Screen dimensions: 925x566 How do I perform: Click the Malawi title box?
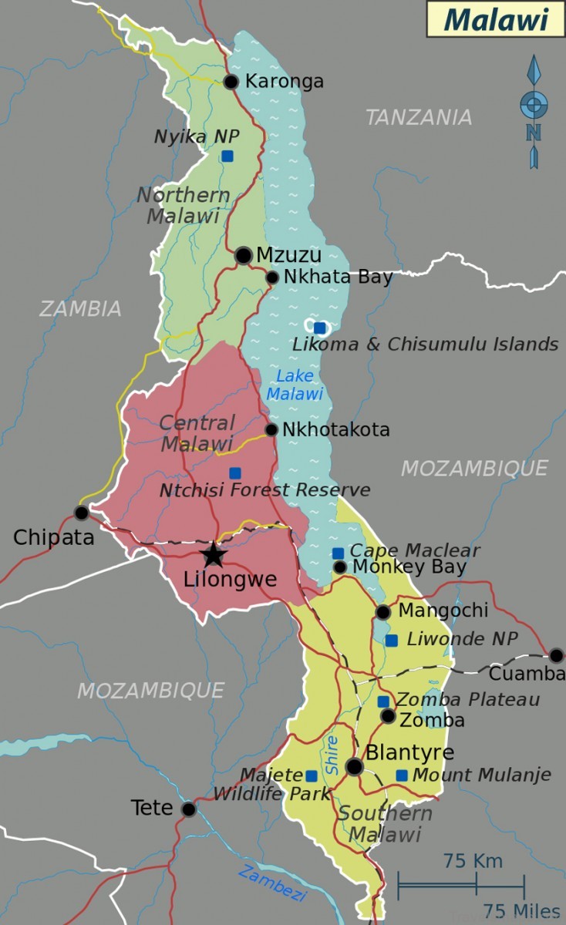[496, 19]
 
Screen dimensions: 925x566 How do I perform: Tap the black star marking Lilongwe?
[213, 553]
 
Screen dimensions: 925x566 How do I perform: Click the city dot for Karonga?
[231, 82]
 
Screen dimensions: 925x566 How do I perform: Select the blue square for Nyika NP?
[227, 156]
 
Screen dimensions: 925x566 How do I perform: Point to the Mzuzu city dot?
[244, 255]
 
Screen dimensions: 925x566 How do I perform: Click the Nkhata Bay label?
[338, 277]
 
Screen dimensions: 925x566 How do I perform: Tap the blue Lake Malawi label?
[295, 385]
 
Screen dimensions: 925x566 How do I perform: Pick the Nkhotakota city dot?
[271, 430]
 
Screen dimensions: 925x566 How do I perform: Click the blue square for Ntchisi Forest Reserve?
[234, 473]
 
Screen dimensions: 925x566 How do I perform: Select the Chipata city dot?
[82, 513]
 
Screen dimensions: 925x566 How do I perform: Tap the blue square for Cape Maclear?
[338, 553]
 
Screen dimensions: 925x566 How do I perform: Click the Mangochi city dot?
[383, 612]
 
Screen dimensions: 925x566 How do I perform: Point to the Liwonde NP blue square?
[392, 641]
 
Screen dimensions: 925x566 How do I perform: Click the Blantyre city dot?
[355, 766]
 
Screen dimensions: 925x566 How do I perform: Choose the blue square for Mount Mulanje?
[402, 775]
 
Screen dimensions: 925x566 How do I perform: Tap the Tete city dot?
[188, 809]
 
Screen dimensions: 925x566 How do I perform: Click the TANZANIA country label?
[418, 117]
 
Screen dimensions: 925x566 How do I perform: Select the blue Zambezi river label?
[272, 883]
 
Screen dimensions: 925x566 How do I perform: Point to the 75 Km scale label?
[473, 860]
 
